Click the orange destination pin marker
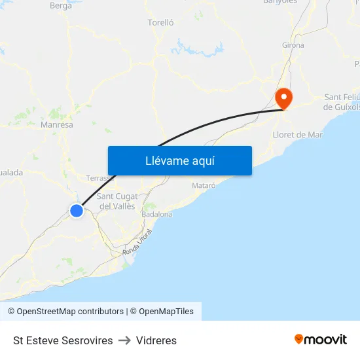point(284,99)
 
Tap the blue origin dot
point(77,210)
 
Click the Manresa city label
point(56,124)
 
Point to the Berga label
point(61,5)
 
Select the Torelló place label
point(161,22)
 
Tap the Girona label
point(293,45)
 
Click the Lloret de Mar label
point(297,135)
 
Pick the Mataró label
point(204,186)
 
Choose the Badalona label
point(157,214)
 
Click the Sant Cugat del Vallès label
point(116,201)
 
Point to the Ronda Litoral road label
point(137,242)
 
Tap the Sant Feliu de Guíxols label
point(342,101)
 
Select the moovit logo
point(321,339)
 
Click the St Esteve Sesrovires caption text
point(63,340)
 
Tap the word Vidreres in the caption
point(156,340)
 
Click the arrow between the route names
point(124,340)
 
